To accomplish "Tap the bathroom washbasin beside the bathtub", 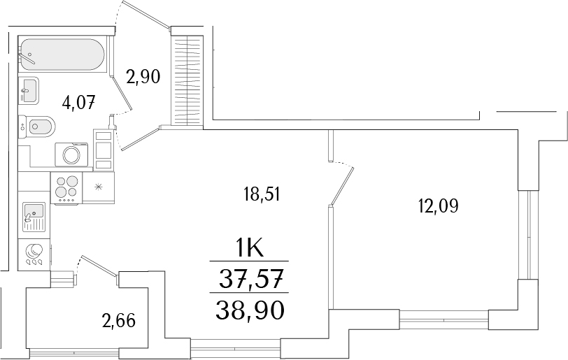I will click(28, 89).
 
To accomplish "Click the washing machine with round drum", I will click(71, 154).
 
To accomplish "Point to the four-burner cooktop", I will click(67, 187).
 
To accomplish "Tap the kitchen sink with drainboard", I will click(32, 216).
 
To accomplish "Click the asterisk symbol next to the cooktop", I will click(99, 186).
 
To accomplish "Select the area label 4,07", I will click(78, 103).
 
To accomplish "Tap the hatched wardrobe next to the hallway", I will click(186, 80).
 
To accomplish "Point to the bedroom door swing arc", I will click(346, 182).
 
